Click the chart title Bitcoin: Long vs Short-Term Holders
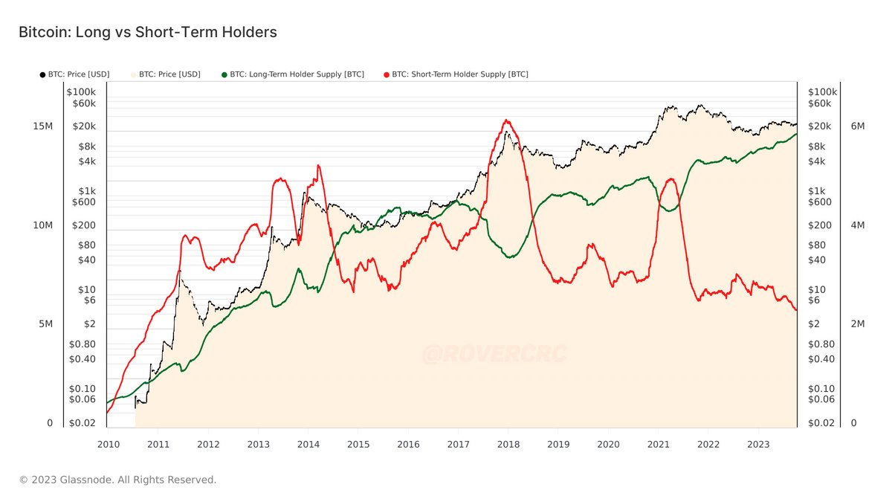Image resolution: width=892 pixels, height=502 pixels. click(x=147, y=32)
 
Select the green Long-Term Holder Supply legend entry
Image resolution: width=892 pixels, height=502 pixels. click(x=293, y=74)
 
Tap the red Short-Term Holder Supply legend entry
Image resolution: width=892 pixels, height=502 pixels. click(x=456, y=74)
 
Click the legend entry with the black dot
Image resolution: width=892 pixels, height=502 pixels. click(x=74, y=74)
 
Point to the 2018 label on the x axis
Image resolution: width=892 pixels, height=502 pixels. click(x=508, y=444)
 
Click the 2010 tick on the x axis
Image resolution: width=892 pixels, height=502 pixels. click(x=109, y=444)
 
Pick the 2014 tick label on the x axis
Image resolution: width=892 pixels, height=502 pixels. click(x=308, y=444)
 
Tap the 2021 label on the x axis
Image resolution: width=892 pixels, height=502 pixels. click(x=658, y=444)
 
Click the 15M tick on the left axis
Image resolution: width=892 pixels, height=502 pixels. click(x=42, y=126)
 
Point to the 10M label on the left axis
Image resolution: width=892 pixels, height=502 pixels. click(x=42, y=225)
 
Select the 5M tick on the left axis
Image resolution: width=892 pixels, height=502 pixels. click(x=45, y=324)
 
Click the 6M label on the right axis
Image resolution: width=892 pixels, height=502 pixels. click(x=857, y=126)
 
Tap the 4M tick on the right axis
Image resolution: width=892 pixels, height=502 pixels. click(x=857, y=225)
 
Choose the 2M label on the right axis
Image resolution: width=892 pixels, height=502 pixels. click(x=857, y=324)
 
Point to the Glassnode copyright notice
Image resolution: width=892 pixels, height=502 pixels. click(x=117, y=480)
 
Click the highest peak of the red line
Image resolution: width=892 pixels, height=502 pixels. click(x=506, y=120)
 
